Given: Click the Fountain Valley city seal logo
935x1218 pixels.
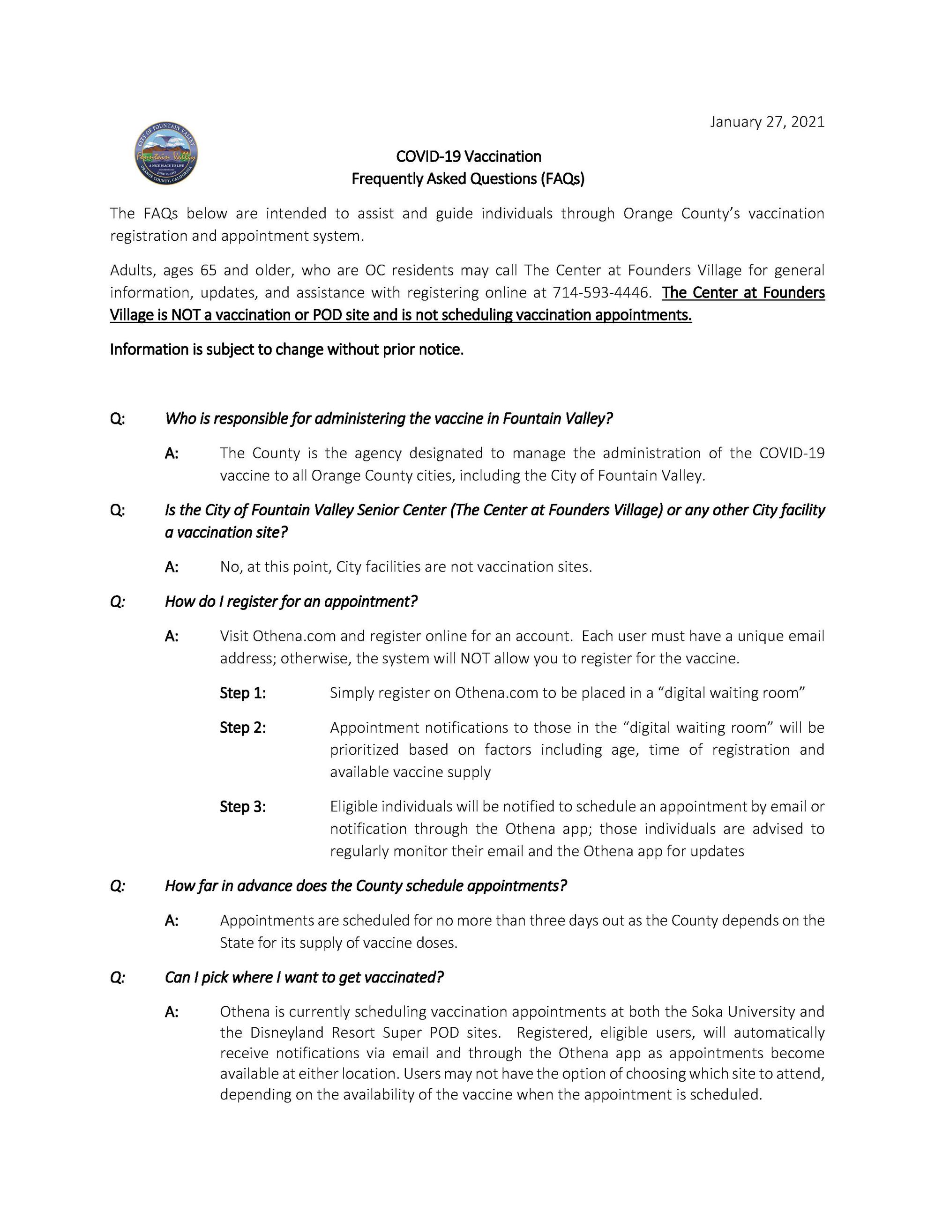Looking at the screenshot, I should [x=166, y=155].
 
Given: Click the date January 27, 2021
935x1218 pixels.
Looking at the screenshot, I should [x=767, y=122].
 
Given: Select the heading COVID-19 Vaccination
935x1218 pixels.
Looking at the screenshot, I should [x=468, y=156].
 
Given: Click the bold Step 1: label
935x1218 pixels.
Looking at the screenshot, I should [x=243, y=693].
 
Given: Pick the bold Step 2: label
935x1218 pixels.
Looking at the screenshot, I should [x=243, y=728].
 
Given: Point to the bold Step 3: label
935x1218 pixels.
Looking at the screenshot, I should [x=243, y=806].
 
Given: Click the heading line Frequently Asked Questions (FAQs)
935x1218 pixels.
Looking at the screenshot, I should [x=468, y=178].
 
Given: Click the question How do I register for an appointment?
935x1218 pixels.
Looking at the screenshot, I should [x=291, y=601].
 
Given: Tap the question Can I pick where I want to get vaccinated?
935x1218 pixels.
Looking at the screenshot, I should [x=304, y=977].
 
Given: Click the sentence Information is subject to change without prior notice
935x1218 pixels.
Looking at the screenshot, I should [x=287, y=349].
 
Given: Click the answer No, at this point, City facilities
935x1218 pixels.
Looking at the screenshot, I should [x=406, y=567].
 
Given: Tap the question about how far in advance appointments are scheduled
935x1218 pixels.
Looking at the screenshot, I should [x=366, y=885].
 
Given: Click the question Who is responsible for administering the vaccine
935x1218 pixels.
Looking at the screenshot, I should [x=389, y=418].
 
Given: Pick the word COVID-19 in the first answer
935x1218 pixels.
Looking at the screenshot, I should [x=792, y=453].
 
